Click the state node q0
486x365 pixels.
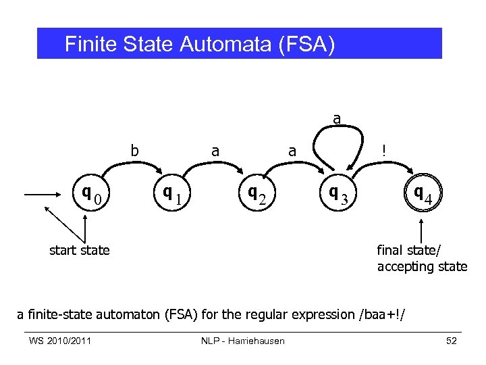point(92,195)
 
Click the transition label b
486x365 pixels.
point(134,151)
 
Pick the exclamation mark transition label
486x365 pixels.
point(383,152)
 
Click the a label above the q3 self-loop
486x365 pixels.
point(336,119)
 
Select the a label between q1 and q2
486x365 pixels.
point(215,151)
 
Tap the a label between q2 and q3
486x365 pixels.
point(292,151)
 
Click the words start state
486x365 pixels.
point(80,250)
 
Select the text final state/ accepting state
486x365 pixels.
point(422,258)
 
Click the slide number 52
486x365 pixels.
point(452,341)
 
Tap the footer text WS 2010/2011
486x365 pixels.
point(60,341)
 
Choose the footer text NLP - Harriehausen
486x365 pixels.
point(243,341)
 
